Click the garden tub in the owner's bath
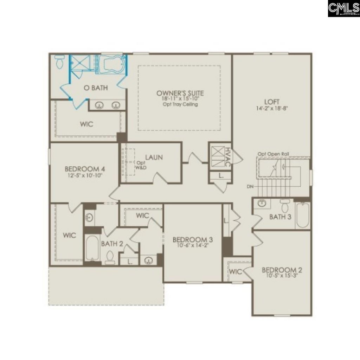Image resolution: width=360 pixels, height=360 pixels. coord(111,64)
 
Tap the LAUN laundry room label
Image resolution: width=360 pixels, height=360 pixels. coord(154,157)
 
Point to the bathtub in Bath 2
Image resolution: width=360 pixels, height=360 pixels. coord(92,248)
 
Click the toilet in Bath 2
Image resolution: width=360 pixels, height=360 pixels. coord(110,257)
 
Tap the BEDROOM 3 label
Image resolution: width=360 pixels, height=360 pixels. coord(193,240)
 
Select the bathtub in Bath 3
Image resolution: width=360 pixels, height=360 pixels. coord(302,215)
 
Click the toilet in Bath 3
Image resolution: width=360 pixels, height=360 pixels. coord(285,206)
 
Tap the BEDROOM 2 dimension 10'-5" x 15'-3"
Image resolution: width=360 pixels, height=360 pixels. coord(282,276)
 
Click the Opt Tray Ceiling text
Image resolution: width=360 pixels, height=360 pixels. coord(180,104)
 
